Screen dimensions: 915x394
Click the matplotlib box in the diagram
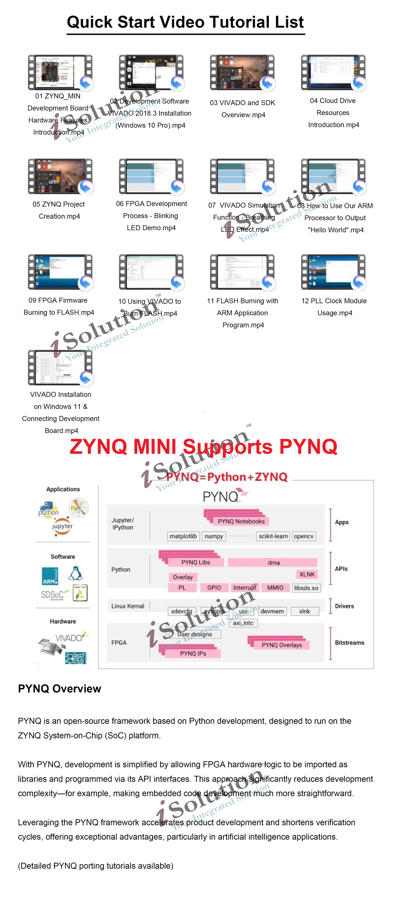(x=183, y=536)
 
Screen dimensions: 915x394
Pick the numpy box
(x=213, y=536)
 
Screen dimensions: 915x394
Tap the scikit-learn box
(x=273, y=536)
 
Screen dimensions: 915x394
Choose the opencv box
(x=303, y=536)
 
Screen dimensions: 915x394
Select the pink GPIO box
(x=214, y=587)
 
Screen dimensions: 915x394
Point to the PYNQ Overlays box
(x=281, y=645)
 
